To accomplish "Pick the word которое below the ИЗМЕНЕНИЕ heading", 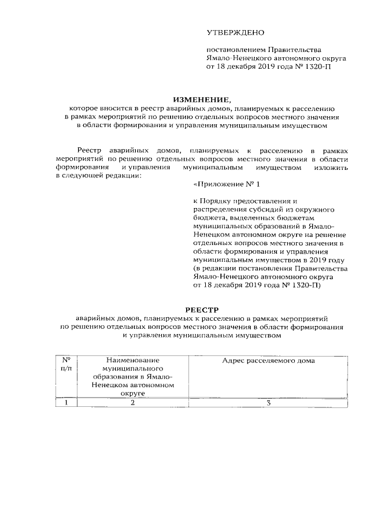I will (x=85, y=108).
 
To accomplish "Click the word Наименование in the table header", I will (x=132, y=361).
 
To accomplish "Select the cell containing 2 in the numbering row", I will (x=132, y=403).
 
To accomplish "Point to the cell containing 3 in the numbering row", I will (x=268, y=403).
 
